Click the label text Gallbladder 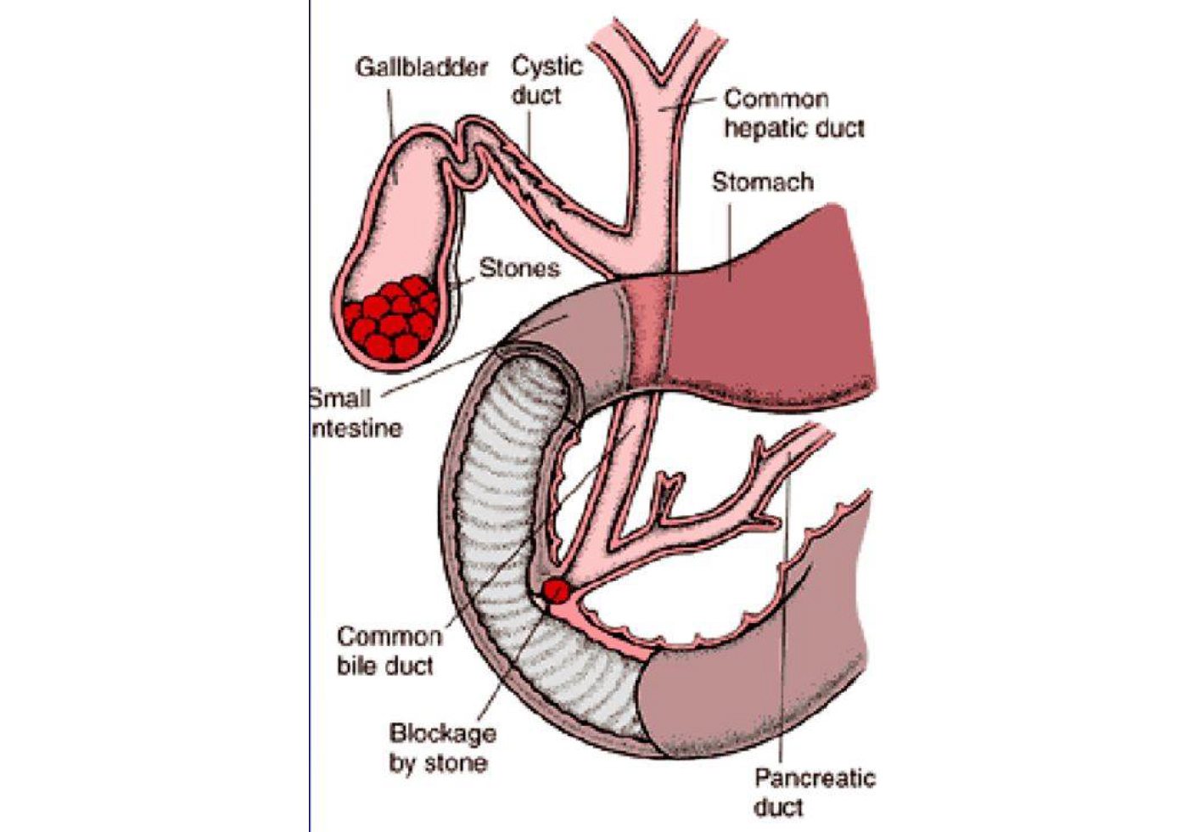[x=421, y=67]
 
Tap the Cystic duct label [x=546, y=80]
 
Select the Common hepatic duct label [x=793, y=113]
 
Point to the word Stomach [x=762, y=182]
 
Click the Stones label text [x=519, y=268]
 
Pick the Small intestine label [x=355, y=413]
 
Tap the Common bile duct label [x=389, y=650]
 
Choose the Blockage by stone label [x=441, y=747]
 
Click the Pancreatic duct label [x=813, y=791]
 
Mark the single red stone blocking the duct [x=556, y=590]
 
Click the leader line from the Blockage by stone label [x=509, y=671]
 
